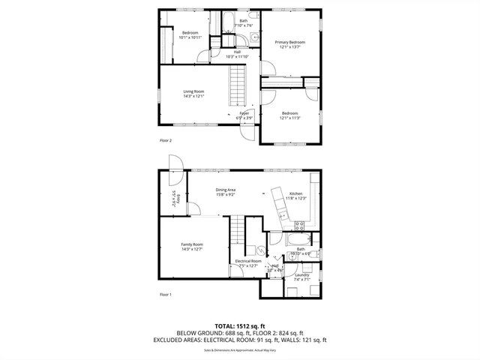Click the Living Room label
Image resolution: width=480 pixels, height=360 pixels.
click(x=193, y=92)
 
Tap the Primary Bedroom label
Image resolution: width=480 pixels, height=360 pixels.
click(x=289, y=42)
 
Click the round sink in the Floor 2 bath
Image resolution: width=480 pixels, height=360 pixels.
click(x=254, y=36)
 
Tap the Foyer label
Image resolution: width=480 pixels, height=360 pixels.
click(x=244, y=113)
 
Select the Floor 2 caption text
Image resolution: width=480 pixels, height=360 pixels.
click(x=166, y=140)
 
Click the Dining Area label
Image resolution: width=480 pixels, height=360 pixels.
click(x=226, y=190)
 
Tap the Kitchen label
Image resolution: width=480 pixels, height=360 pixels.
click(x=295, y=193)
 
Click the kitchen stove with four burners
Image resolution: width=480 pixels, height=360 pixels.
click(x=299, y=223)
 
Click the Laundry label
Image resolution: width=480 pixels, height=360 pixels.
click(x=302, y=275)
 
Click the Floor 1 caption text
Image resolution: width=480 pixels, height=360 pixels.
click(x=166, y=294)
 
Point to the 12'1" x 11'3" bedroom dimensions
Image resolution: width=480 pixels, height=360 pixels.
click(x=289, y=118)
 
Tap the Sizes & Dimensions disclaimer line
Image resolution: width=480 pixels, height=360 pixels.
click(x=239, y=349)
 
